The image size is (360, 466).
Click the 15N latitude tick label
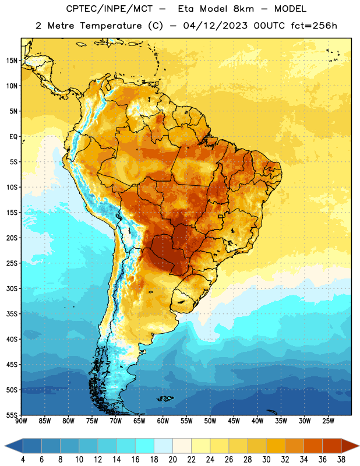pos(12,61)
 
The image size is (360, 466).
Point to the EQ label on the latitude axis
pos(13,137)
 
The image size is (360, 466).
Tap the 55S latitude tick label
pos(12,415)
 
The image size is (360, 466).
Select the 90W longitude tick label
pos(21,421)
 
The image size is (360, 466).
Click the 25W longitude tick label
pos(328,421)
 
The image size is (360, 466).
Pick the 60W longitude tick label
pos(163,421)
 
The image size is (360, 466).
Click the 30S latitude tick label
pos(12,288)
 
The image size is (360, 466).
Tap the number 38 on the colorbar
pos(341,460)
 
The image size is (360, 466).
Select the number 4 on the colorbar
pos(23,460)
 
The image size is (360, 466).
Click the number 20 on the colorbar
pos(172,460)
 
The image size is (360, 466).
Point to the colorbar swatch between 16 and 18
pos(144,446)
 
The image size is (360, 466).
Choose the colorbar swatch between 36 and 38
pos(332,446)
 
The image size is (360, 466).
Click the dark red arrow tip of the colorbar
pos(359,446)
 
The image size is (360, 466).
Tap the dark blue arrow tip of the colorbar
pos(5,446)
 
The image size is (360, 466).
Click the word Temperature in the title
pos(111,26)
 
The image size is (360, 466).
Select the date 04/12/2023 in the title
pos(215,26)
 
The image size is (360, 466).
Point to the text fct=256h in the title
pos(314,26)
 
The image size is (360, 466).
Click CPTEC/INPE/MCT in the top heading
pos(109,9)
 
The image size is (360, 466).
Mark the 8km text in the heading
pos(243,9)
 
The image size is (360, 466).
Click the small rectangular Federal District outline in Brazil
pos(221,216)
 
